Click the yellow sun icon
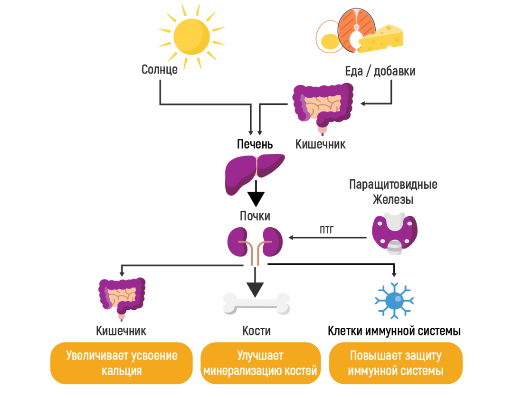[191, 37]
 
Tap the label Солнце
[160, 70]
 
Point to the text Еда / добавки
[380, 71]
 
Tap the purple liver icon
[254, 172]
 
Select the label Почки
[255, 216]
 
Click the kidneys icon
[255, 244]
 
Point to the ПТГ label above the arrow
[327, 230]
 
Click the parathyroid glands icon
[394, 233]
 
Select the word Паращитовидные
[393, 184]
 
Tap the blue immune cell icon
[394, 300]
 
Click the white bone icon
[256, 304]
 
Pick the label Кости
[256, 331]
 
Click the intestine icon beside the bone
[122, 298]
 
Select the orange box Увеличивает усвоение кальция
[122, 363]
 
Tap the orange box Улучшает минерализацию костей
[260, 363]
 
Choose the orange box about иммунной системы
[396, 363]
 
